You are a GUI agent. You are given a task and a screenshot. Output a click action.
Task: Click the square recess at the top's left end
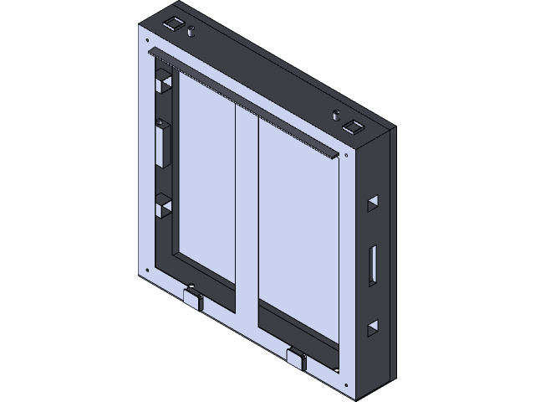[x=175, y=23]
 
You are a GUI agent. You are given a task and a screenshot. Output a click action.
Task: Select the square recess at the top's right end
[x=353, y=128]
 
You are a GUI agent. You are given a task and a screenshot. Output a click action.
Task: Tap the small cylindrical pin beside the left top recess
[x=191, y=33]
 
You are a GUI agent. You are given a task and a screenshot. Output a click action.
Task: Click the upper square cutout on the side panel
[x=372, y=204]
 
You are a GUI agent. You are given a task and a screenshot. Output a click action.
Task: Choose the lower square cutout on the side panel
[x=373, y=327]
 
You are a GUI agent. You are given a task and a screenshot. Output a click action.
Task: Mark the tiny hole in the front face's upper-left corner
[x=147, y=40]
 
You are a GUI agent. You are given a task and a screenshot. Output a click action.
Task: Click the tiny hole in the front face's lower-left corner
[x=149, y=269]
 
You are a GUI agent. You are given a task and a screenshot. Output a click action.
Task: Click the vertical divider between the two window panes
[x=247, y=218]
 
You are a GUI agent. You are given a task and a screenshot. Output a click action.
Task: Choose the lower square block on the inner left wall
[x=161, y=205]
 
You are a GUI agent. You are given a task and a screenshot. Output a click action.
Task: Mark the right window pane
[x=297, y=234]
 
